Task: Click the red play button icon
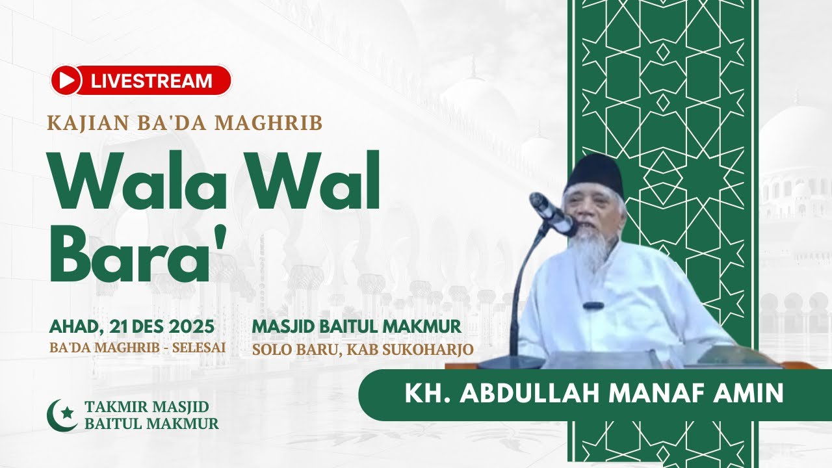66,81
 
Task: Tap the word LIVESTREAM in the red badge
151,81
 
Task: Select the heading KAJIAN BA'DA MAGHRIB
185,122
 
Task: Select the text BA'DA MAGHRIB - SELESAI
137,347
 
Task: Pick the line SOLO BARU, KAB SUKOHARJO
363,349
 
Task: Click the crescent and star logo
62,415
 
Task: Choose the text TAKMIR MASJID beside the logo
146,408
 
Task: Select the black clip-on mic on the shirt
593,305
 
